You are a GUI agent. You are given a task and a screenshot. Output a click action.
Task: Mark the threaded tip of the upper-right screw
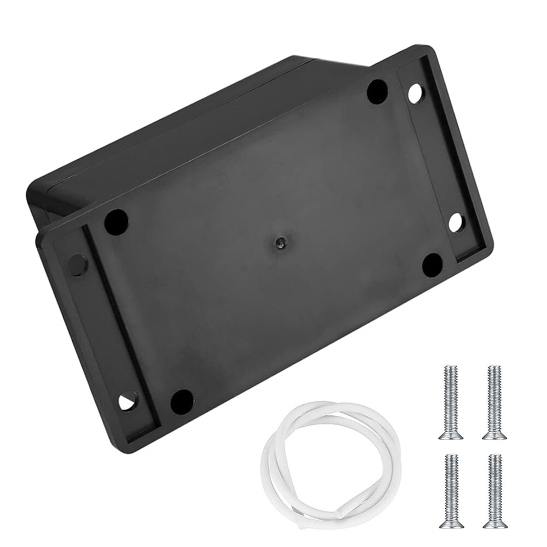(x=494, y=368)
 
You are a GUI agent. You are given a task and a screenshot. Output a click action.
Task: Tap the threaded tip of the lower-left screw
(x=452, y=457)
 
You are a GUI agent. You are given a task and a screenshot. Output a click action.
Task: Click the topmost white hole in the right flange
(x=415, y=94)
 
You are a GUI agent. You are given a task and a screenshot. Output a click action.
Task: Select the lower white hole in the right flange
(x=455, y=222)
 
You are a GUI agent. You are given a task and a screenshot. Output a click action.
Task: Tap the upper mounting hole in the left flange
(x=77, y=265)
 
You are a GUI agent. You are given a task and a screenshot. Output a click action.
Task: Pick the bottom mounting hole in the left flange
(x=128, y=401)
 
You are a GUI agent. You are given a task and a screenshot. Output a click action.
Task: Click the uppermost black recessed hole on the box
(x=377, y=91)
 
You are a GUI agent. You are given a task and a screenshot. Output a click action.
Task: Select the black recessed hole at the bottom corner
(x=182, y=401)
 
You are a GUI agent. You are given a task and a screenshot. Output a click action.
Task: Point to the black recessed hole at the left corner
(x=116, y=221)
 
